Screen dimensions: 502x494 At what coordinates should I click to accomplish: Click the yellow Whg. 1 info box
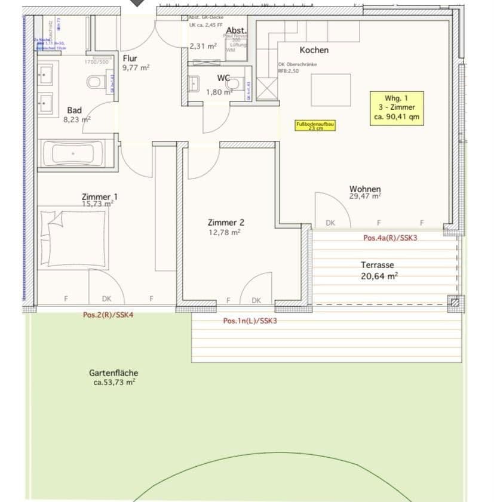point(396,108)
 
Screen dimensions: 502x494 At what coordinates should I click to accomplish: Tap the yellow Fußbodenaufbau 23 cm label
point(315,126)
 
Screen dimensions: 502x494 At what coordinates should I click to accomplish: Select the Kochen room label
point(314,50)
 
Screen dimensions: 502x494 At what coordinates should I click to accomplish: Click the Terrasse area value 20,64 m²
point(379,276)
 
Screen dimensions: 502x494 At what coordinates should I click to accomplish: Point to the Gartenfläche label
point(113,372)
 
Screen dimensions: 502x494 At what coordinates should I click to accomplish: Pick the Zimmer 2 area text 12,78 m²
point(225,233)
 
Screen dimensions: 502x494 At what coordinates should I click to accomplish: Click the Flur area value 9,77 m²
point(136,67)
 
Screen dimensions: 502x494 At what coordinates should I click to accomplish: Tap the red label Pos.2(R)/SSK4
point(108,315)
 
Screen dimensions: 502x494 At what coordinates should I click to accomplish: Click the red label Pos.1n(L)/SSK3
point(250,321)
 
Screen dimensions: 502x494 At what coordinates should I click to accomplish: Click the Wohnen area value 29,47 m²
point(365,196)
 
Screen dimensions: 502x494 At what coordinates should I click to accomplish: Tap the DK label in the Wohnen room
point(330,223)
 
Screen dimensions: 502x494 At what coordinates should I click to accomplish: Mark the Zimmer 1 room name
point(99,197)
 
